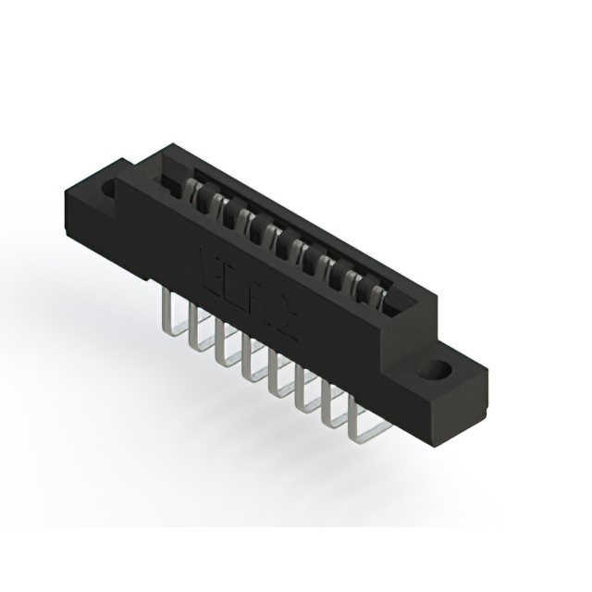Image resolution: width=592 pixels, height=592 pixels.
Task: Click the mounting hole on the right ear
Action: [432, 370]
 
